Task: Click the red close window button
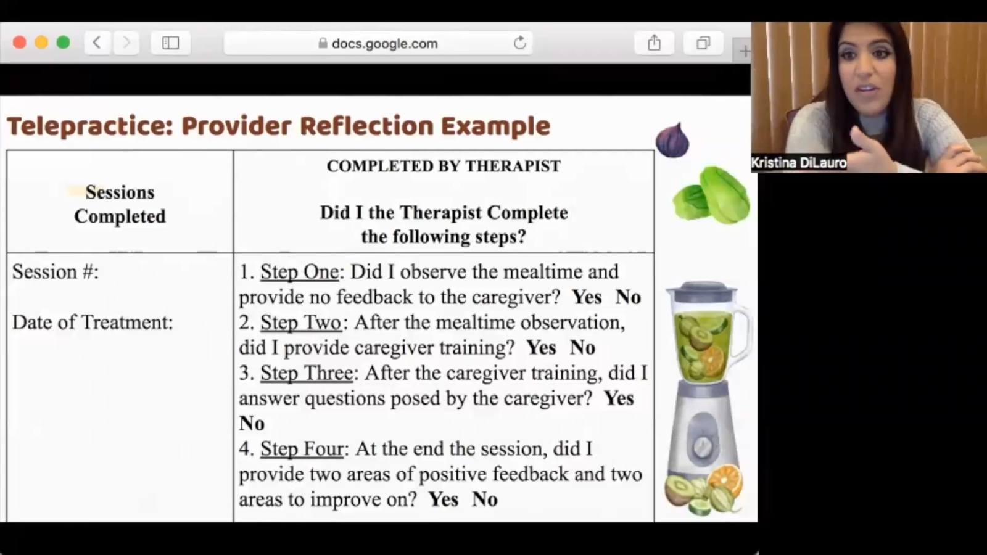coord(19,43)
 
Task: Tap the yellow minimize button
coord(41,43)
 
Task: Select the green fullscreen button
coord(64,43)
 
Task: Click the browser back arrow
coord(97,43)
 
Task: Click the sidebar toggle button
coord(170,43)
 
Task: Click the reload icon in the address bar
coord(520,43)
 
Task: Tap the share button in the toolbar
coord(655,43)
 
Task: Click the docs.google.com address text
coord(385,44)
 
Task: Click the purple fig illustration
coord(672,140)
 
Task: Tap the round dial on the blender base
coord(703,447)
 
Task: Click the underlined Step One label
coord(300,272)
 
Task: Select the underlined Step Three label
coord(307,373)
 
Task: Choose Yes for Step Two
coord(541,348)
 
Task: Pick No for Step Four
coord(485,499)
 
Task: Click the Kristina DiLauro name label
coord(798,163)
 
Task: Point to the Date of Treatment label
coord(93,323)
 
